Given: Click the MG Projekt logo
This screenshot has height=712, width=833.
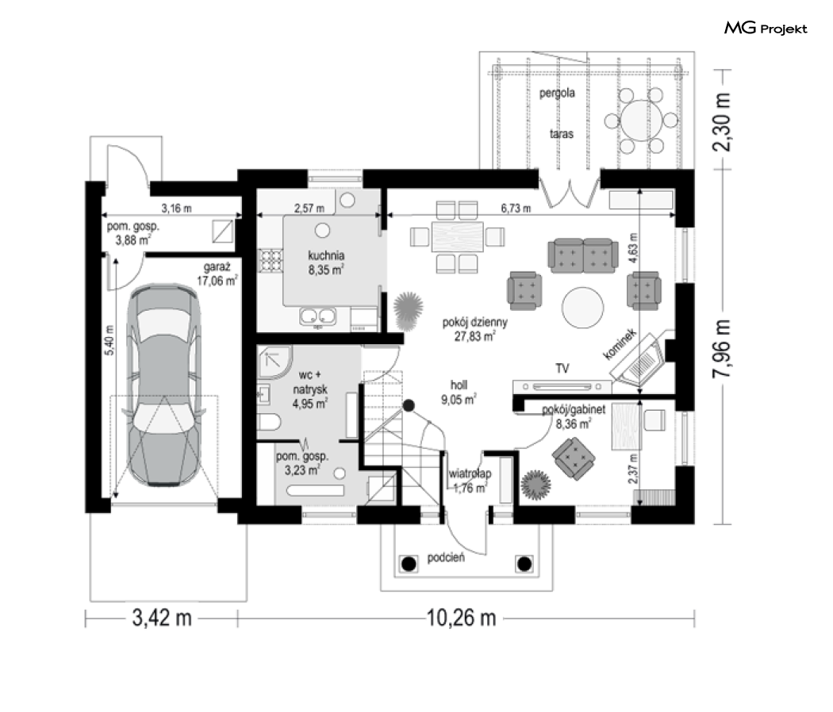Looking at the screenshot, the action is (766, 28).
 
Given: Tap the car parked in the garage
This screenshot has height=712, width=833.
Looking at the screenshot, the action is (163, 385).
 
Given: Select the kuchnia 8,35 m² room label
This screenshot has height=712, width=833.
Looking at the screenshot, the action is (326, 262).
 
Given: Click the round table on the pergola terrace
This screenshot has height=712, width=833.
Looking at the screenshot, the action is (642, 121).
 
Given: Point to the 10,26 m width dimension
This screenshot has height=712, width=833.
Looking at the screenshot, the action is (461, 618).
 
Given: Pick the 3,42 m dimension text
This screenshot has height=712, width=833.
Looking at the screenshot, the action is (162, 618).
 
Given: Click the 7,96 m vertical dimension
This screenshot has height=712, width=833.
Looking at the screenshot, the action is (721, 349).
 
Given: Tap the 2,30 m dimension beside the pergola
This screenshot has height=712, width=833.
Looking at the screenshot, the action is (721, 121).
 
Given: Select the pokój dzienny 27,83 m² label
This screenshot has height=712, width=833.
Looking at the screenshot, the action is (475, 329).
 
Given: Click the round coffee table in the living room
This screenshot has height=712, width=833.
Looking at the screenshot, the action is (583, 308).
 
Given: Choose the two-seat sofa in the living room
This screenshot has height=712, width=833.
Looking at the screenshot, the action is (583, 256).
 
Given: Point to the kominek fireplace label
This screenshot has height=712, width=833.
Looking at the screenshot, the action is (620, 344).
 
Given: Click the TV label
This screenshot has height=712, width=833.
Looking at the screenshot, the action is (562, 368).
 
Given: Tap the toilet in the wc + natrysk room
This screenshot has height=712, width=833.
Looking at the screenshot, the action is (270, 423).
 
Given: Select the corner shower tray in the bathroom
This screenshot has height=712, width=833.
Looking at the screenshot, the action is (274, 362).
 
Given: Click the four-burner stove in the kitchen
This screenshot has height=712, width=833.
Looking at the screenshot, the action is (271, 260).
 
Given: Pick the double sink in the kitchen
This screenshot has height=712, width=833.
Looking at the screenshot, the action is (317, 316).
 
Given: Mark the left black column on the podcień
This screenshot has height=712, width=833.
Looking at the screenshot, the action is (409, 564).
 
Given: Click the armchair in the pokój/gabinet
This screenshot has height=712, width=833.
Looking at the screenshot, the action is (574, 458).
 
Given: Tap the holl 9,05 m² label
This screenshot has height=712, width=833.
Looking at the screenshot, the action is (459, 392).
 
